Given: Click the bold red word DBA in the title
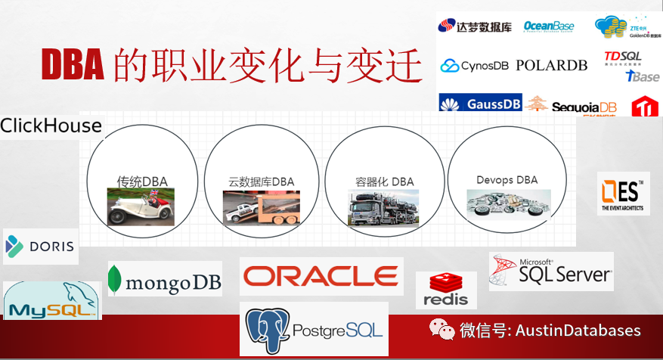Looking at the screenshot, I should click(72, 65).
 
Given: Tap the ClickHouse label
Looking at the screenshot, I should click(51, 126).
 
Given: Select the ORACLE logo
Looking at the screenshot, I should click(321, 277).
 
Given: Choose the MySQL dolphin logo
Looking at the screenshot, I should click(52, 300).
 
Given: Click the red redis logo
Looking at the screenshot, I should click(446, 290).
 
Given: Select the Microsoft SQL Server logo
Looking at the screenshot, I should click(551, 271).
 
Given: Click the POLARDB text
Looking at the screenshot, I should click(551, 65).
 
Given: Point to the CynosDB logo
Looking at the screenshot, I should click(475, 66).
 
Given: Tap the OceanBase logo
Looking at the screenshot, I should click(549, 26).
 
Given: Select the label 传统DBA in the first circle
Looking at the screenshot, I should click(142, 181).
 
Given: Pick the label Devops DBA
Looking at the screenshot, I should click(507, 180).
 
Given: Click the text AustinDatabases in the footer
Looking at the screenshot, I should click(578, 331).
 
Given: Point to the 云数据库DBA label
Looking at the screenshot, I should click(262, 182).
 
